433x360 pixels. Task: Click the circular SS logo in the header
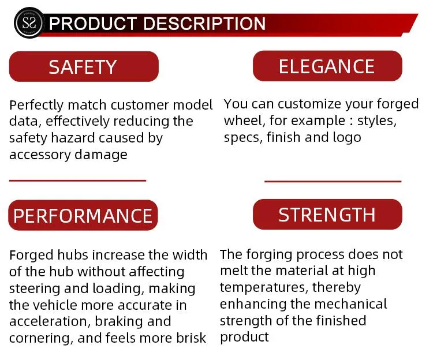click(x=29, y=23)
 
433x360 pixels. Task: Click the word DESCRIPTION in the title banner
click(x=204, y=23)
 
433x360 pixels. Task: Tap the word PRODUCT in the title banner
click(x=93, y=23)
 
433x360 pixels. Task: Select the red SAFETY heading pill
click(x=84, y=66)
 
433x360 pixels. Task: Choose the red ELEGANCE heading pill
click(x=327, y=66)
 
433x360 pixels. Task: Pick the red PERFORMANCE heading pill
click(x=83, y=215)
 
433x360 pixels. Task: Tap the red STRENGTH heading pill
click(x=327, y=215)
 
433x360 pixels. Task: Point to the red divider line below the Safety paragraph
click(x=77, y=181)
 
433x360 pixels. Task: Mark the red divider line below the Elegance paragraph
click(x=333, y=182)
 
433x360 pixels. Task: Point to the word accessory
click(x=40, y=155)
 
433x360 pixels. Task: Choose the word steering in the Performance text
click(x=35, y=289)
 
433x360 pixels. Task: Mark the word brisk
click(x=191, y=338)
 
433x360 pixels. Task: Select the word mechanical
click(x=350, y=304)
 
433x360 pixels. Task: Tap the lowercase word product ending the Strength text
click(x=244, y=337)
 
